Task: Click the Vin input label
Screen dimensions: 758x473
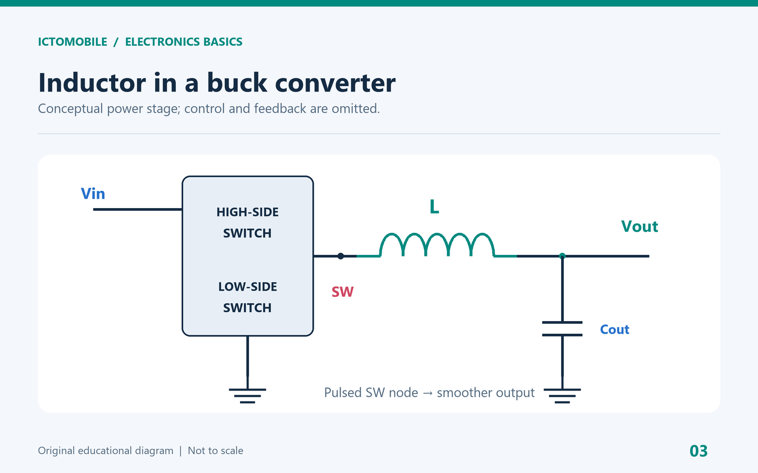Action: (93, 193)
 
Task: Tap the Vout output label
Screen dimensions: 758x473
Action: (640, 227)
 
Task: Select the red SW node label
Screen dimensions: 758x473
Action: (343, 292)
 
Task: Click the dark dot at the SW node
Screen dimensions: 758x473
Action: (341, 256)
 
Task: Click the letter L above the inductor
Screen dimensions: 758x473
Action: (434, 207)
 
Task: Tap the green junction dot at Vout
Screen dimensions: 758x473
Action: (562, 256)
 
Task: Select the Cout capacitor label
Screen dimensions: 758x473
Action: (614, 330)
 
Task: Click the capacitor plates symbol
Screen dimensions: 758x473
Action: (562, 328)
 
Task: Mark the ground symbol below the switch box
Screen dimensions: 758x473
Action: (247, 396)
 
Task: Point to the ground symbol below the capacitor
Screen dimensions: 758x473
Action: (562, 396)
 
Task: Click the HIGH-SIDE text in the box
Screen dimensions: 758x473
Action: (247, 212)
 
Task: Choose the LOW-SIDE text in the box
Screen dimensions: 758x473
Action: (247, 287)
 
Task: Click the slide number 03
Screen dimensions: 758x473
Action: (699, 451)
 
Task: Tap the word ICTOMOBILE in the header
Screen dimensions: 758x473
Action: (73, 42)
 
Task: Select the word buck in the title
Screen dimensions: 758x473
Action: (237, 83)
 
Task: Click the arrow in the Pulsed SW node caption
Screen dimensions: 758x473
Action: (427, 393)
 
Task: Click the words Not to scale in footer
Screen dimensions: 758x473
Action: (215, 451)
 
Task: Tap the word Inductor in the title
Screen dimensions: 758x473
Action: (92, 83)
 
